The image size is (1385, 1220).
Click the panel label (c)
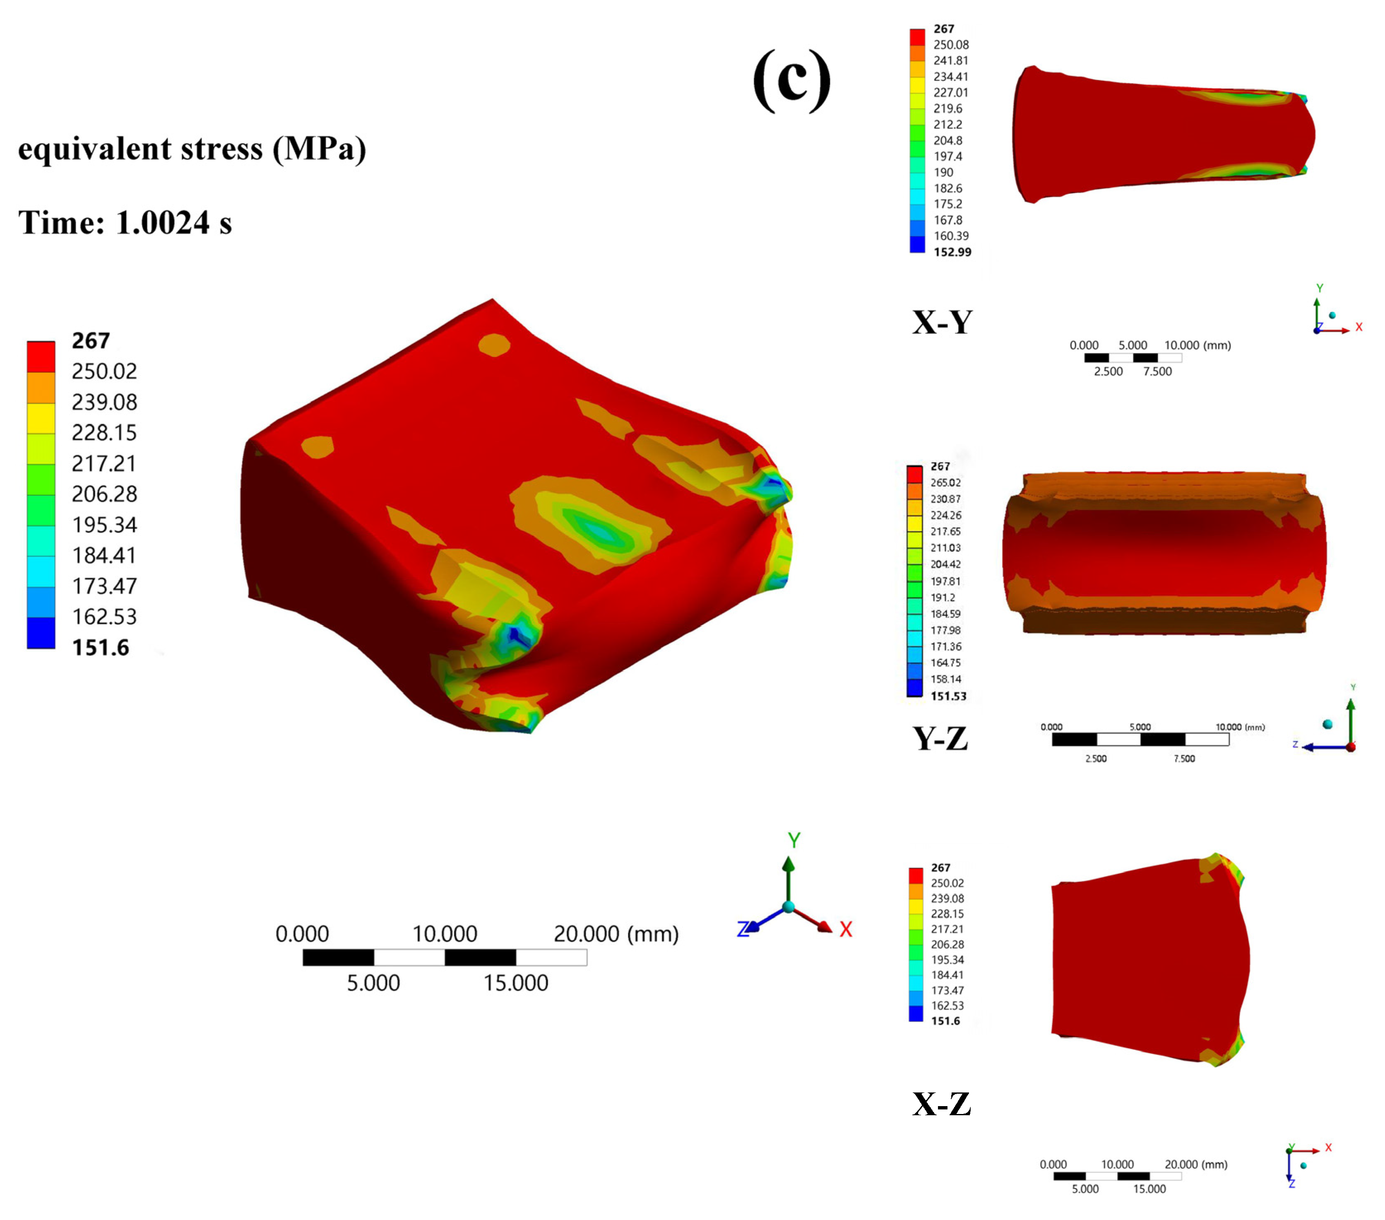791,80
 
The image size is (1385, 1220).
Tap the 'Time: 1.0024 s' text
125,222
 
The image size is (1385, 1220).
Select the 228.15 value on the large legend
104,432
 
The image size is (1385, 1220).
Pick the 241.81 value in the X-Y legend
951,60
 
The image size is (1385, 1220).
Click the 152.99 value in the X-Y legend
952,252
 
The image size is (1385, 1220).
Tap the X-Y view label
942,322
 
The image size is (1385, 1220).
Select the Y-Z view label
940,738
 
